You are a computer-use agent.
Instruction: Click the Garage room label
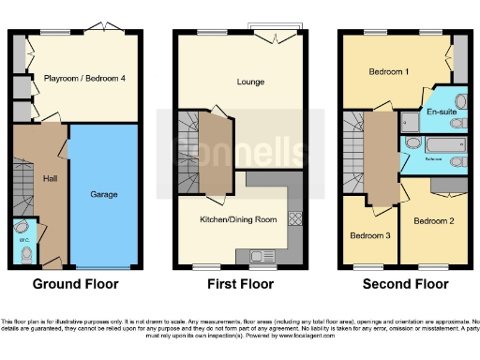pyautogui.click(x=103, y=195)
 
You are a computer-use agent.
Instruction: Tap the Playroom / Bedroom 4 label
pyautogui.click(x=84, y=79)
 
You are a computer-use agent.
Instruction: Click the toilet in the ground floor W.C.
pyautogui.click(x=25, y=253)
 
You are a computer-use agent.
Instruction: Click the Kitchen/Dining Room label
pyautogui.click(x=239, y=219)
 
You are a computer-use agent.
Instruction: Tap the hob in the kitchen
pyautogui.click(x=293, y=221)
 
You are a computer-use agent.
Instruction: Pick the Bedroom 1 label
pyautogui.click(x=387, y=72)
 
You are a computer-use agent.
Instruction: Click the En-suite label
pyautogui.click(x=442, y=112)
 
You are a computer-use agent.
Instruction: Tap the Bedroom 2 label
pyautogui.click(x=433, y=221)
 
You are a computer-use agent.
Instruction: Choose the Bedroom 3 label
pyautogui.click(x=368, y=235)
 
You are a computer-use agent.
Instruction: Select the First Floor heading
pyautogui.click(x=240, y=283)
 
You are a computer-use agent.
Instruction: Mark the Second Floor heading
pyautogui.click(x=405, y=283)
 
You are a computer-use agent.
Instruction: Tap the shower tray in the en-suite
pyautogui.click(x=410, y=120)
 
